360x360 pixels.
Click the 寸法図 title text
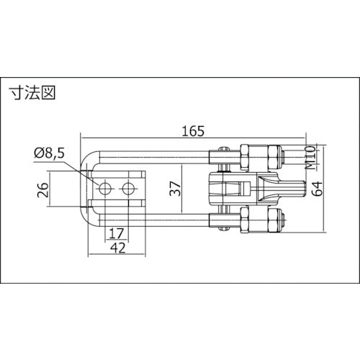point(32,93)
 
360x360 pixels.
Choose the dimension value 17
point(117,233)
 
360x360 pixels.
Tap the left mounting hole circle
point(105,189)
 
